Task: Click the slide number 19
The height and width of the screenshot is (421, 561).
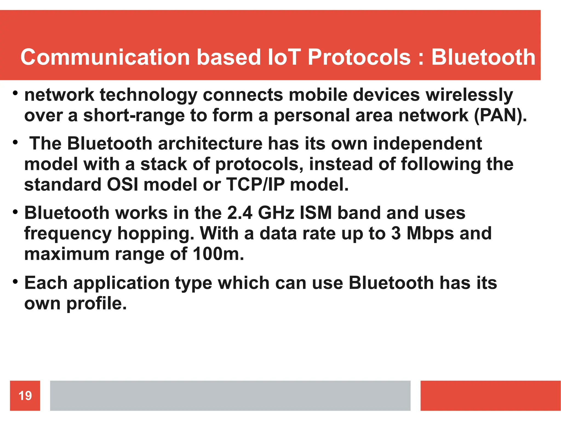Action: point(25,396)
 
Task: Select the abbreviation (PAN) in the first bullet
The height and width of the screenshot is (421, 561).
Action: point(500,115)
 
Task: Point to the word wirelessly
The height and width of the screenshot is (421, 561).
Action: point(469,95)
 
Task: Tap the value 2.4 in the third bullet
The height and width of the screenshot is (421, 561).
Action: point(240,213)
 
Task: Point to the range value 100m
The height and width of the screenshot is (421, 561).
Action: point(218,254)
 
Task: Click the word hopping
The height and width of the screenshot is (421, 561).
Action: point(156,234)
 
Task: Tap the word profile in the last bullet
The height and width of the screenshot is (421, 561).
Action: point(97,304)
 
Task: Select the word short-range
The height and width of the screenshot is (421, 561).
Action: point(134,115)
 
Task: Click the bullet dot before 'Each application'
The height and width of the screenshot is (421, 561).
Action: point(15,281)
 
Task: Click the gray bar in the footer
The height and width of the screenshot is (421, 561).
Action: point(230,396)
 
